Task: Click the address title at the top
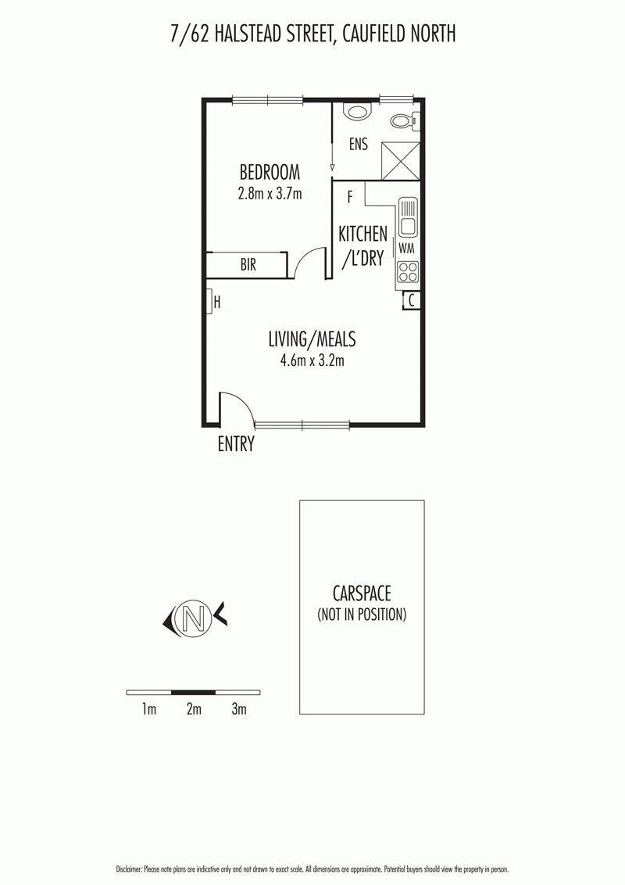coord(312,34)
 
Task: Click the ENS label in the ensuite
coord(359,145)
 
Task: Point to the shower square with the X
coord(400,162)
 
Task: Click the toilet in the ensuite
coord(403,121)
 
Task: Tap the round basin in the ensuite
coord(358,112)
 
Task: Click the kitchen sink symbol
coord(407,217)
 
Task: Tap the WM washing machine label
coord(406,248)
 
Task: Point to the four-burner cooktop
coord(407,271)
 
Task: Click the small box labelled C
coord(411,299)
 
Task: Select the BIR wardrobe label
coord(248,266)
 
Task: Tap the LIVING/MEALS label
coord(312,339)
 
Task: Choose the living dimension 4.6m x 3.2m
coord(312,360)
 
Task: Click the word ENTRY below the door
coord(236,444)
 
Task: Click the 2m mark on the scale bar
coord(194,709)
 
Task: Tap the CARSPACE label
coord(361,593)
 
